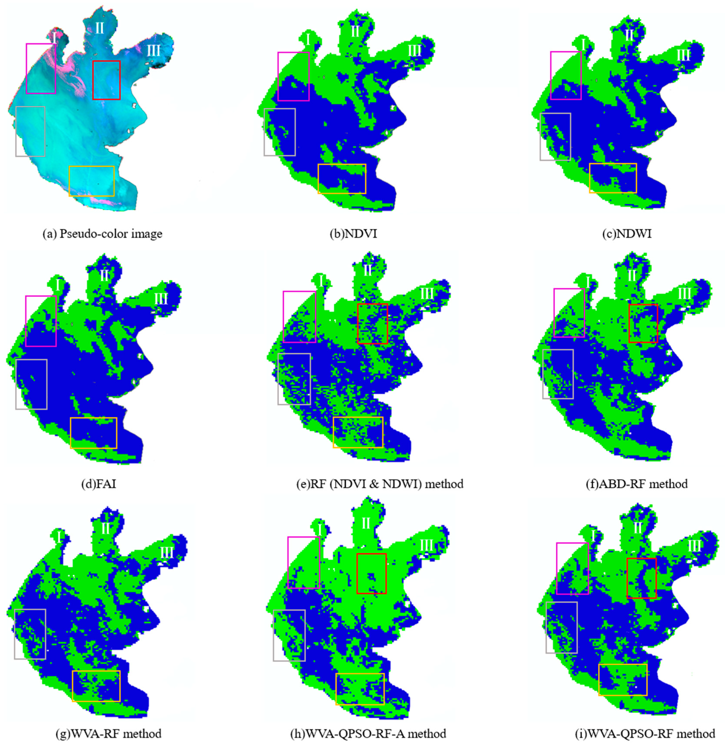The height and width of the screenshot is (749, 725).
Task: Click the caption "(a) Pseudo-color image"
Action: click(x=102, y=233)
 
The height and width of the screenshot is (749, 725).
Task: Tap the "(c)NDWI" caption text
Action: click(x=626, y=233)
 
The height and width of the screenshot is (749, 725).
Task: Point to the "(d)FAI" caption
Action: click(x=99, y=484)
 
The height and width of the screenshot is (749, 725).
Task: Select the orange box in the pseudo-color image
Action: click(x=91, y=181)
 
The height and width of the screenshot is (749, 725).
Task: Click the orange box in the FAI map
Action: click(x=94, y=433)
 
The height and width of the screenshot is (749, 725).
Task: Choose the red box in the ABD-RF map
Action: click(x=643, y=323)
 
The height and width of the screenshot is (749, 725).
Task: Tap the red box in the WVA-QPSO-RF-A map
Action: click(x=372, y=573)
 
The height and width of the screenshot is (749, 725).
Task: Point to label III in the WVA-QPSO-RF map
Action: click(x=694, y=546)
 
